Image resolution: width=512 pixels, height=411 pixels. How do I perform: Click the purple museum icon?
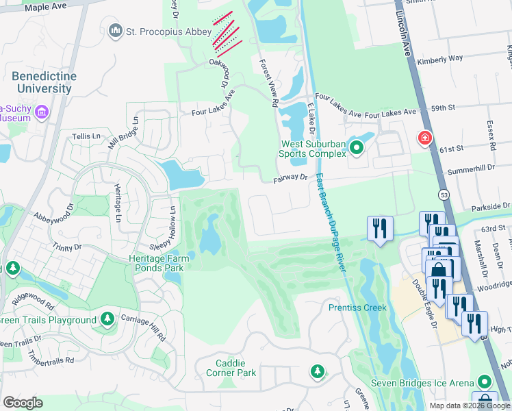point(41,112)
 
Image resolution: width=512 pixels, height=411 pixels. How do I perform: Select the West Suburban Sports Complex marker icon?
point(356,147)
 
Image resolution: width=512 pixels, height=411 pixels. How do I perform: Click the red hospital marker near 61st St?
point(425,138)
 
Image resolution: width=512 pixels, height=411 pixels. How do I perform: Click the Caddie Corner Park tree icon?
point(317,371)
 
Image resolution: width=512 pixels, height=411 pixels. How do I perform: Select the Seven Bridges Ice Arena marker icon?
point(485,381)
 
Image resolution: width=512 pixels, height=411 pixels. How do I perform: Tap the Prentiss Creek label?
point(357,308)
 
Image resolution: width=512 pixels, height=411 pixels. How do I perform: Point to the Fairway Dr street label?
point(291,177)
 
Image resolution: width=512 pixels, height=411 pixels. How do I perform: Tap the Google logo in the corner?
point(23,402)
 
